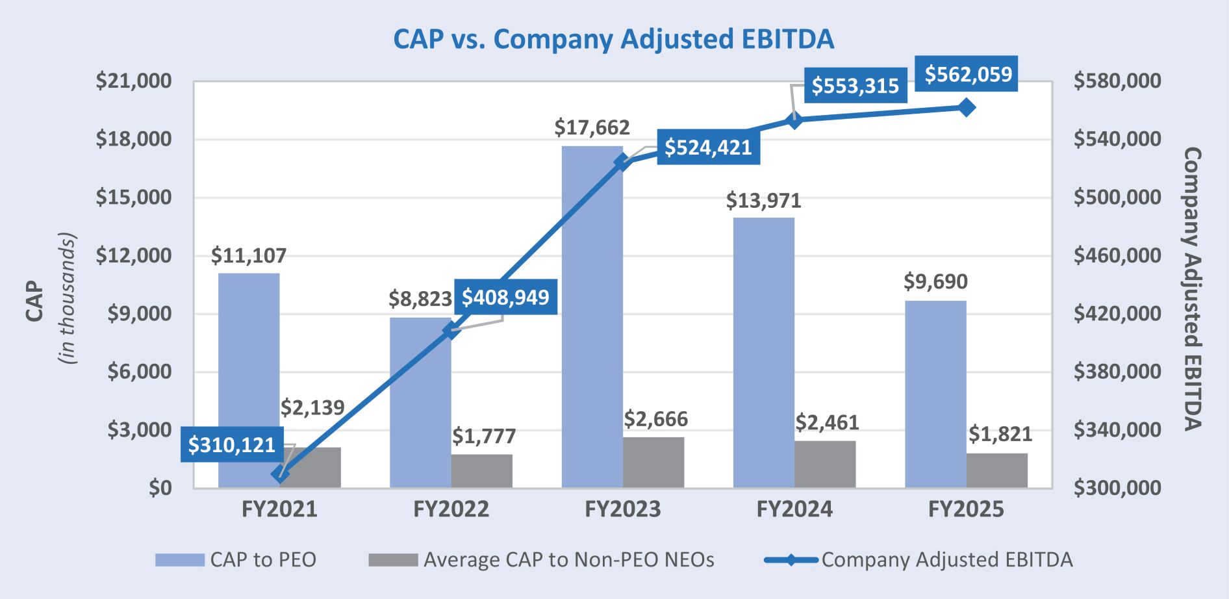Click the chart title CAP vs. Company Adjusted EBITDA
click(613, 39)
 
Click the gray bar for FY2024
click(825, 464)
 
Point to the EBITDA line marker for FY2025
click(967, 108)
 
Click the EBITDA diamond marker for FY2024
click(795, 120)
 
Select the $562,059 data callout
click(968, 74)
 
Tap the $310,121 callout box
click(232, 445)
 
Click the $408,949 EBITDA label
click(505, 298)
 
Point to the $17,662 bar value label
click(592, 127)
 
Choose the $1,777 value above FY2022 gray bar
click(484, 436)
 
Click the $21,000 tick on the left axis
click(134, 81)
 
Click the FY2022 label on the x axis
click(451, 509)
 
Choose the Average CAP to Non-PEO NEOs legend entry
click(542, 560)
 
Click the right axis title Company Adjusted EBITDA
click(1192, 288)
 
